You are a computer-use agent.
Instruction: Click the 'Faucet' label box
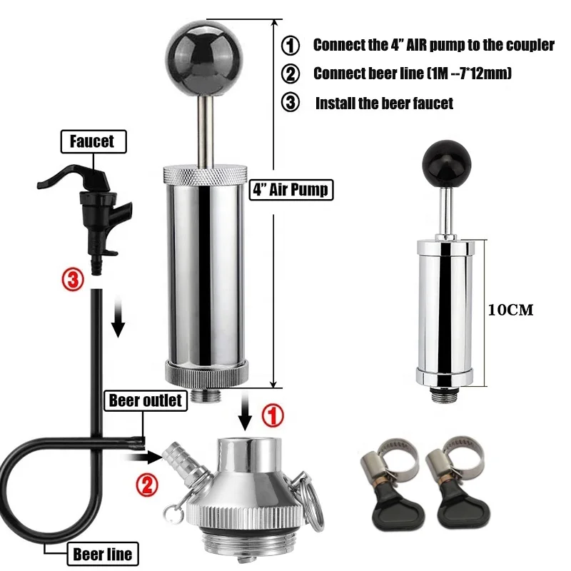point(91,141)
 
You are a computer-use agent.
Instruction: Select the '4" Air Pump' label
point(290,191)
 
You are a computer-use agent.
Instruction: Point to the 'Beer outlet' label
point(146,400)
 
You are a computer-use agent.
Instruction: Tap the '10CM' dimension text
point(511,310)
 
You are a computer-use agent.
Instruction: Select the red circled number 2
point(146,486)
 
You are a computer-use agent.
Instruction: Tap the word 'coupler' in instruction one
point(529,44)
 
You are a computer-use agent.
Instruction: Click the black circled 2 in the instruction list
point(290,74)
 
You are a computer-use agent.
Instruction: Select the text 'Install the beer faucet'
point(384,103)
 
